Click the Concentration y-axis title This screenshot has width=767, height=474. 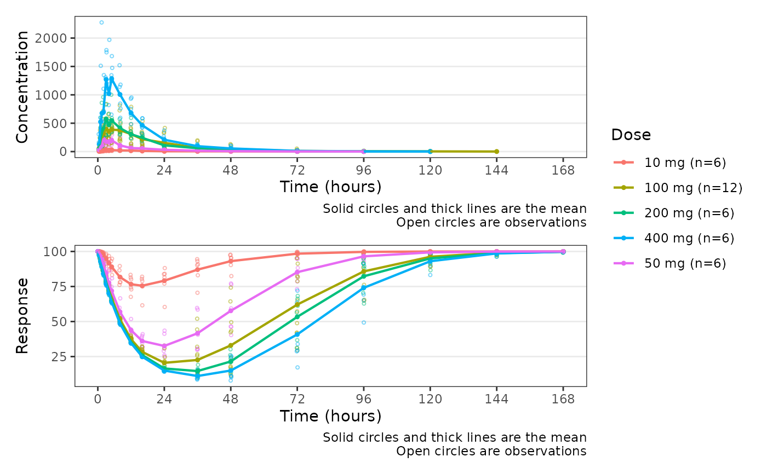[22, 87]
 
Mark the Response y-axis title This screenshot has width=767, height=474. [22, 316]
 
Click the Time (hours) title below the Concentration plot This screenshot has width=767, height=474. [330, 187]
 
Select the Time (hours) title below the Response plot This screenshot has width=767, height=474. [330, 416]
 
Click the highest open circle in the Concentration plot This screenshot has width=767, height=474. [101, 22]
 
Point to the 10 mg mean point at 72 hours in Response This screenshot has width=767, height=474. [297, 253]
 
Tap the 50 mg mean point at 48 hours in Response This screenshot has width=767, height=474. [231, 310]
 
